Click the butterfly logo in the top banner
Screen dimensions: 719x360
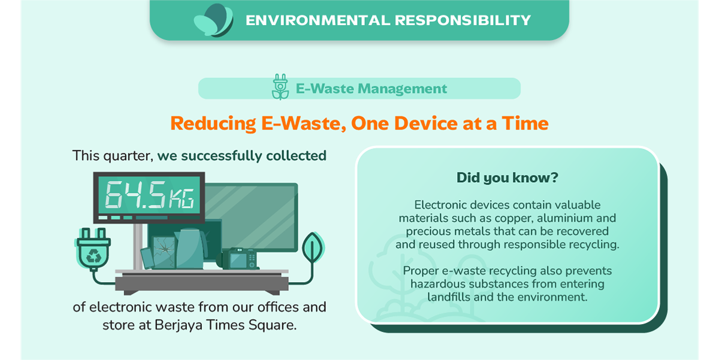point(214,20)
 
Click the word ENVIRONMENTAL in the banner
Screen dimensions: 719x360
point(318,20)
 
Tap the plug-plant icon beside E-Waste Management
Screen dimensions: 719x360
point(280,87)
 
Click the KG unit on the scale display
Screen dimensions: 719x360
point(182,198)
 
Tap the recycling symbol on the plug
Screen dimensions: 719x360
point(93,255)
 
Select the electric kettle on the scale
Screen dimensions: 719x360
point(190,249)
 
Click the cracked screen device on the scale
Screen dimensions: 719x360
point(164,252)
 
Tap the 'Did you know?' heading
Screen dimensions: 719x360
point(507,178)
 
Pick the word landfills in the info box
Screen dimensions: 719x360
point(449,297)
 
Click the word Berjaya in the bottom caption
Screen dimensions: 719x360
point(179,325)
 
